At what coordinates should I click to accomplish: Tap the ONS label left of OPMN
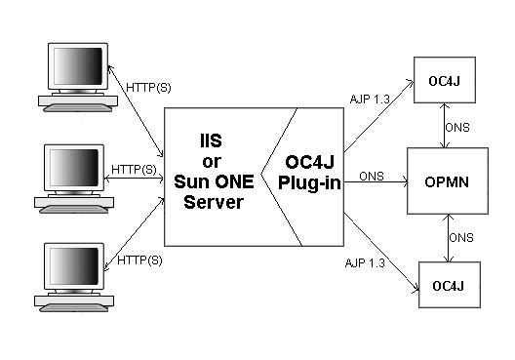(x=372, y=176)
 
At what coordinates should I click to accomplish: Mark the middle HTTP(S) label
(x=134, y=169)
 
